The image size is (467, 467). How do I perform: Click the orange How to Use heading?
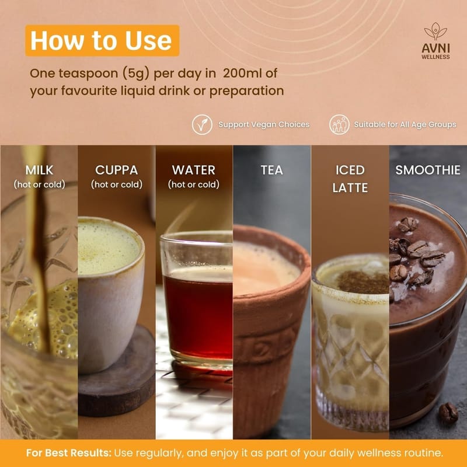point(102,40)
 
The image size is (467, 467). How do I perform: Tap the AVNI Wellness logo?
point(435,41)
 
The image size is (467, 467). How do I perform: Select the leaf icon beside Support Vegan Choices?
point(202,124)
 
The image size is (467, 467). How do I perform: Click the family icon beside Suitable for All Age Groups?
point(339,124)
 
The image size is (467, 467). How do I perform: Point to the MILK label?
point(39,170)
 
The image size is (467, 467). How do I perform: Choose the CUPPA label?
point(116,170)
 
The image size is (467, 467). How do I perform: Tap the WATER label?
point(194,170)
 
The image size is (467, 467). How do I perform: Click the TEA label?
point(271,170)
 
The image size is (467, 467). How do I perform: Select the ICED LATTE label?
point(350,179)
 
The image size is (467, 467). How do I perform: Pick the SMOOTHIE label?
point(428,170)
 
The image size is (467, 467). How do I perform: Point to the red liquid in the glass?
point(198,316)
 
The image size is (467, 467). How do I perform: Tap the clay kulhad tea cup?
point(270,330)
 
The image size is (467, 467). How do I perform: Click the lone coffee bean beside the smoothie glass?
point(448,413)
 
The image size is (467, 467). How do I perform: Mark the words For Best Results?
point(68,453)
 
